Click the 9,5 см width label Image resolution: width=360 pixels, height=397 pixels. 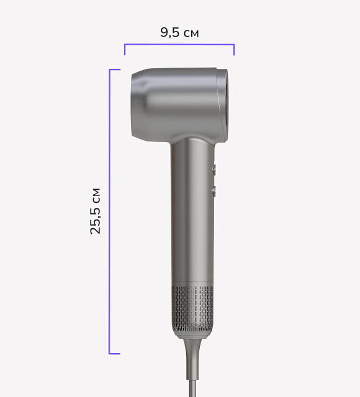179,33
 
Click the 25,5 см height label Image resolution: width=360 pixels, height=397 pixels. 96,211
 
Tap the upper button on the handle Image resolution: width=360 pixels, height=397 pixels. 214,169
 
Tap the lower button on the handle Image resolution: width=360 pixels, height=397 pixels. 214,191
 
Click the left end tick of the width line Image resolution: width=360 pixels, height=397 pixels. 125,50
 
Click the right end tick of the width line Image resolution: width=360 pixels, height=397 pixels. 234,50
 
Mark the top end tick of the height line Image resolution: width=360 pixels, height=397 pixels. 115,69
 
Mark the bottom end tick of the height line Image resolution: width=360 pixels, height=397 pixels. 115,354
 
